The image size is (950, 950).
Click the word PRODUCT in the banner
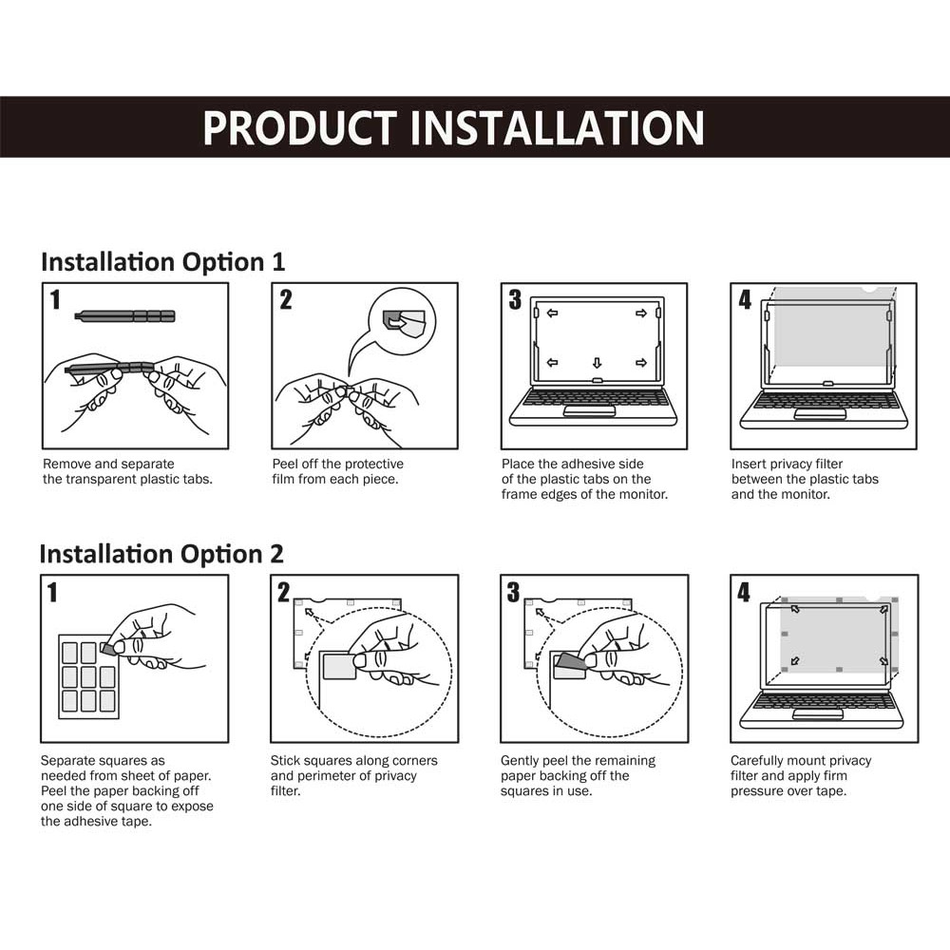coord(300,128)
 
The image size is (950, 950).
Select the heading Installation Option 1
coord(162,262)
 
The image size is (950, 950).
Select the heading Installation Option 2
coord(161,555)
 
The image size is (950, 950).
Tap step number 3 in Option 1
coord(515,299)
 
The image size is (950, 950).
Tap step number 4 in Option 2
coord(744,592)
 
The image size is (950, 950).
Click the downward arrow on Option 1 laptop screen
coord(597,363)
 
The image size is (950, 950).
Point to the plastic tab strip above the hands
coord(124,315)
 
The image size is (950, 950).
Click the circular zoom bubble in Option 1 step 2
coord(402,321)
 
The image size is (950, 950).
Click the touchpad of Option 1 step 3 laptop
coord(590,411)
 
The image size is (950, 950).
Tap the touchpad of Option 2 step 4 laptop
coord(817,715)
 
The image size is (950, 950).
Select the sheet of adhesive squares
coord(88,676)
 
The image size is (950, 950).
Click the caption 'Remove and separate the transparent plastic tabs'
coord(127,471)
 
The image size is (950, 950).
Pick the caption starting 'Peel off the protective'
coord(337,471)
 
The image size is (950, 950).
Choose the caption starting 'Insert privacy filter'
coord(805,479)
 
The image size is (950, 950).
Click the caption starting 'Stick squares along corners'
coord(353,775)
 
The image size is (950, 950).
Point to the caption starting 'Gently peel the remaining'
coord(578,775)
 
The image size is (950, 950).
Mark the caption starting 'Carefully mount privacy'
coord(800,775)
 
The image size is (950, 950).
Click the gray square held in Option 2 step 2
coord(337,666)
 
